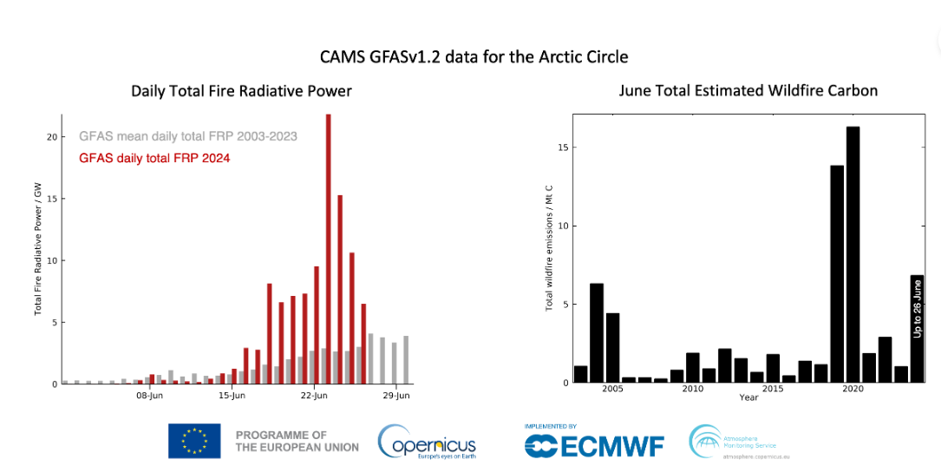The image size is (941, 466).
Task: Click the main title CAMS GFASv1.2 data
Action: tap(474, 57)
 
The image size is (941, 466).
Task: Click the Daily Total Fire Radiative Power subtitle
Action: tap(241, 91)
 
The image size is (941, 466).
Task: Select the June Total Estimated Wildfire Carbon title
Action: tap(748, 90)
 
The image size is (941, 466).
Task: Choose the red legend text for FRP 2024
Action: tap(154, 159)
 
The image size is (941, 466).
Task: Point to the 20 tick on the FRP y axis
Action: tap(52, 137)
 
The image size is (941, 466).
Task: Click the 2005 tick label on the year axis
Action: tap(612, 389)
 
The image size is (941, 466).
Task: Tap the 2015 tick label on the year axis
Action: tap(773, 389)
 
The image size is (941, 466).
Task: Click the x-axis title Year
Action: tap(748, 397)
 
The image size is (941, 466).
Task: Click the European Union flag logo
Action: tap(194, 441)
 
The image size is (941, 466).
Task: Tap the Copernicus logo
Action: tap(427, 442)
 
